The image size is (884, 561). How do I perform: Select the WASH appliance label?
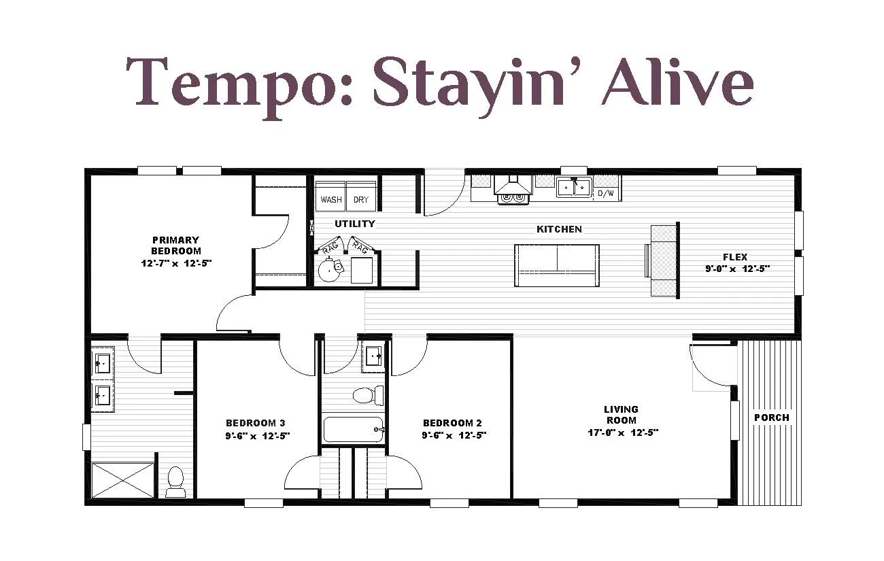330,200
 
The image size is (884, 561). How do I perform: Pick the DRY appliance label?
360,200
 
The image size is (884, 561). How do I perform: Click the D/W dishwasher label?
606,193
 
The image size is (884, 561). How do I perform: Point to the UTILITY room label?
355,224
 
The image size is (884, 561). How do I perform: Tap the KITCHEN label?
559,229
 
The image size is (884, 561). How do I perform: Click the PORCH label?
772,418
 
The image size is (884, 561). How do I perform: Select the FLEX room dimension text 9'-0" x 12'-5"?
738,269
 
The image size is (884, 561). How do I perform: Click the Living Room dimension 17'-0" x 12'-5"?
623,432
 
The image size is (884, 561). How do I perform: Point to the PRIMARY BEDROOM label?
176,245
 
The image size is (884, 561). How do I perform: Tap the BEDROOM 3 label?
255,423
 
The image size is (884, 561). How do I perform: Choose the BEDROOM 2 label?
452,423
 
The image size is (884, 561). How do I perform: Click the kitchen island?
557,265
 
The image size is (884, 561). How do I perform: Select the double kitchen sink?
574,187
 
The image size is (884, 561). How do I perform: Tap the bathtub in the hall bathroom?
353,429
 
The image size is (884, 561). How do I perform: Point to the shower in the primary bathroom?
122,481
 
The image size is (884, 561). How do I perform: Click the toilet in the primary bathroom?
175,481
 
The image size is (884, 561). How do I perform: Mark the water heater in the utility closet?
330,269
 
